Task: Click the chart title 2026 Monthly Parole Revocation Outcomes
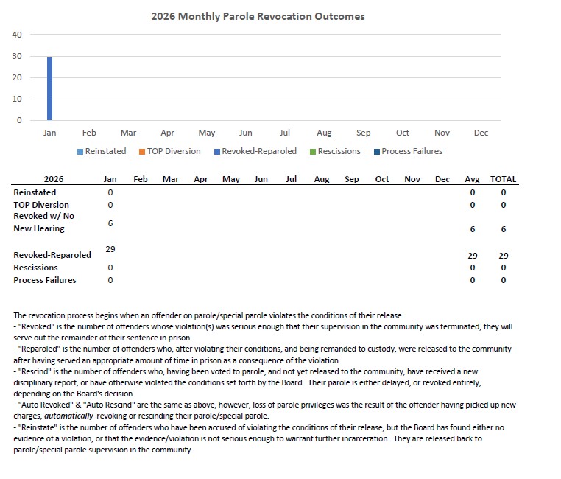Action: point(258,15)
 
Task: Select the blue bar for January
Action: point(50,88)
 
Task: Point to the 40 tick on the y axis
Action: point(17,35)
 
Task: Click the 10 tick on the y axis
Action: point(17,99)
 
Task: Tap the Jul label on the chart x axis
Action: point(285,133)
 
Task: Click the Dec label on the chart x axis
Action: point(481,133)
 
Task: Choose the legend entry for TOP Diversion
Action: point(174,151)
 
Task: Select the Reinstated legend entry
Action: point(106,151)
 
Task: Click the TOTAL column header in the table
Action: point(504,179)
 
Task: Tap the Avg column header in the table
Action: point(473,179)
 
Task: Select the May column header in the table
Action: point(231,179)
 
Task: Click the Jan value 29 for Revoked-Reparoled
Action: point(110,249)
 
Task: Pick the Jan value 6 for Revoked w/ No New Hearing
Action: point(110,223)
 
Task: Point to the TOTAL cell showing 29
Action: point(504,255)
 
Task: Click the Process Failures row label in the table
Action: point(45,280)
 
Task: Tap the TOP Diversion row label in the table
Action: point(41,205)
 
